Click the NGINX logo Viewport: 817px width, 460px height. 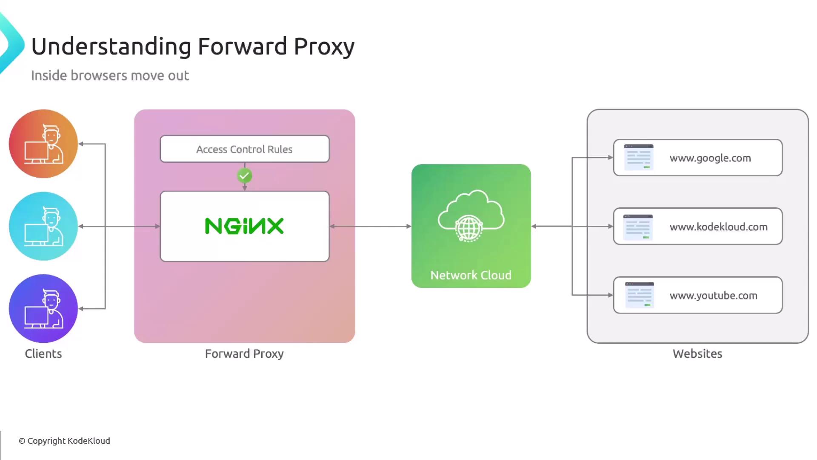pos(244,226)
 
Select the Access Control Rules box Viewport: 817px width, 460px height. pos(244,149)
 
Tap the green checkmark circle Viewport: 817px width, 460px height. pos(244,175)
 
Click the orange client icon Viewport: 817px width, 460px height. pos(43,144)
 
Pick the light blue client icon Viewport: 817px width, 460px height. pos(43,226)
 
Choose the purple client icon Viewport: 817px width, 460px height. pos(43,308)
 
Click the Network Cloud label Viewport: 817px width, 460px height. pos(471,275)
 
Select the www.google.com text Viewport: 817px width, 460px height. pos(710,158)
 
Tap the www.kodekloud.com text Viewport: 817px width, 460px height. pos(718,227)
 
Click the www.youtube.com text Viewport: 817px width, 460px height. pos(713,296)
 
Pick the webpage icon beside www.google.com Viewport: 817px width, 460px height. pos(638,158)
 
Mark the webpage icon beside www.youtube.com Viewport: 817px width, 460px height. pos(639,295)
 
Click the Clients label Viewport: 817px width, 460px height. pos(43,354)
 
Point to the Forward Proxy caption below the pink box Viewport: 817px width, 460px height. pos(244,354)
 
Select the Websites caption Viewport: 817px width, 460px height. pos(697,354)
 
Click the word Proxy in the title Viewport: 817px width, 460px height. pos(324,47)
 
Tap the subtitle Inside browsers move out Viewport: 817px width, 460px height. pos(110,75)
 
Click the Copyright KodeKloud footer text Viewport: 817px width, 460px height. pos(64,441)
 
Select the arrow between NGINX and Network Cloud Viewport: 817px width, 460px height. pos(370,226)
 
